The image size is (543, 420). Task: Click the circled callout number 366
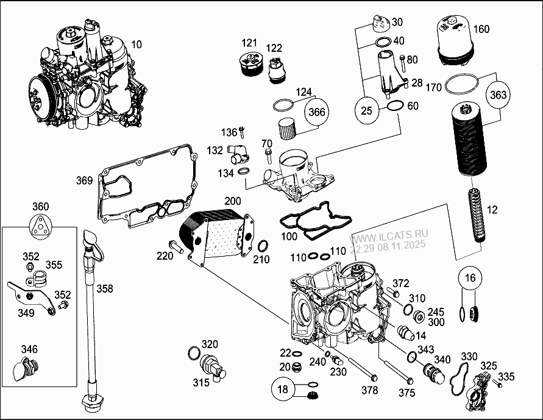tap(317, 112)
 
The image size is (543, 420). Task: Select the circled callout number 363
tap(498, 94)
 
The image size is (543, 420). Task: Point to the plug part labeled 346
tap(27, 369)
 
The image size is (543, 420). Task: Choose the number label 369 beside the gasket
tap(84, 180)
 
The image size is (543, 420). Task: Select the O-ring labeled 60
tap(394, 107)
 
